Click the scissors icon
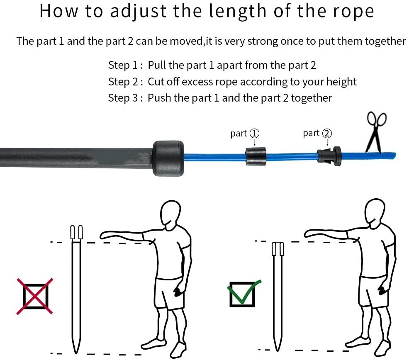[x=376, y=132]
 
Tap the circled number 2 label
[x=327, y=133]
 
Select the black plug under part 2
[x=329, y=156]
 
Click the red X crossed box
[x=35, y=296]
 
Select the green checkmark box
[x=243, y=294]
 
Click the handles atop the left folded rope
[x=76, y=232]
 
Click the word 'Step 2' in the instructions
[x=123, y=82]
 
